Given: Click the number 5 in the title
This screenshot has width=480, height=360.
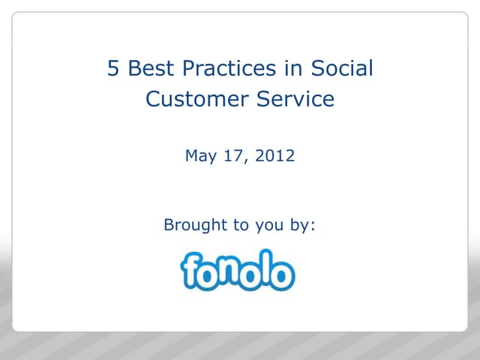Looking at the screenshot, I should click(x=113, y=69).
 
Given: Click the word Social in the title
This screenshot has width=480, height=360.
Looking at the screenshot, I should click(x=335, y=69).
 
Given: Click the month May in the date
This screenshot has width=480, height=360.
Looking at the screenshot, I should click(x=200, y=157).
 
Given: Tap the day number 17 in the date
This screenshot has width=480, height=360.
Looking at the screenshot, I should click(x=235, y=156).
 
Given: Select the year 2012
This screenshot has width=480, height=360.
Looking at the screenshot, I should click(x=274, y=156).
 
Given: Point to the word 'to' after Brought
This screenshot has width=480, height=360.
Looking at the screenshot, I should click(x=239, y=224).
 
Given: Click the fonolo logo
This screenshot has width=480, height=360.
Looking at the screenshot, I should click(x=237, y=270).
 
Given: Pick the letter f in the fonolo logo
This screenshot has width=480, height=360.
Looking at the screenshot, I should click(x=191, y=270).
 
